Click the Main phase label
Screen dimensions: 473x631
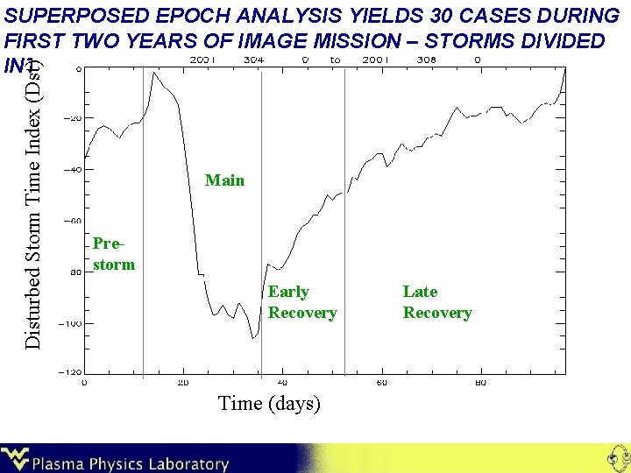[224, 180]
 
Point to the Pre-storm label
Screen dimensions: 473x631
[113, 253]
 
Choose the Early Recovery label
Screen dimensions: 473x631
[301, 302]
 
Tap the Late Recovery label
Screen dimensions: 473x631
[436, 302]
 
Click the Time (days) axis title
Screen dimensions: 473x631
[269, 403]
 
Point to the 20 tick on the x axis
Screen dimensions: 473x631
[182, 383]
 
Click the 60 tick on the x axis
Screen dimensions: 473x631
[381, 383]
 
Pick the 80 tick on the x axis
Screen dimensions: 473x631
[480, 383]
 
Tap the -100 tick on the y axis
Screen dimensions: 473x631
[69, 324]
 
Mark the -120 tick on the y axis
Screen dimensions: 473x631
[69, 372]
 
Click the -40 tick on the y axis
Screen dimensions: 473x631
[72, 170]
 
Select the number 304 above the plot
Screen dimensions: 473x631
[254, 60]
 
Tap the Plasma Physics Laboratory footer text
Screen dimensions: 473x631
[131, 463]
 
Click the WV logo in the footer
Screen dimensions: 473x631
[15, 459]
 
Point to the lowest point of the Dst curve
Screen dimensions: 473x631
[252, 338]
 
